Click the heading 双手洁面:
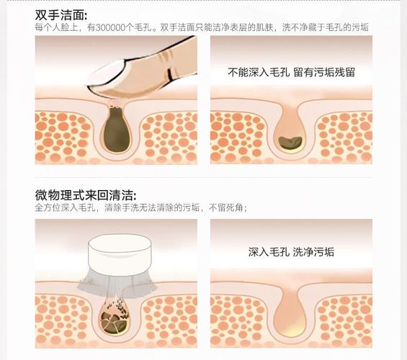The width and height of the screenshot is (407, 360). coord(61,14)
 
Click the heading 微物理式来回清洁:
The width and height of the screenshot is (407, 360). coord(85,195)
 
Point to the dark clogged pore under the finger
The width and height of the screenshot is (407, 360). coord(115,130)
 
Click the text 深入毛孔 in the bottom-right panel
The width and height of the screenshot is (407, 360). coord(269,252)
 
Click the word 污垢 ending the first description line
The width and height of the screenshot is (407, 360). coord(359,28)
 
